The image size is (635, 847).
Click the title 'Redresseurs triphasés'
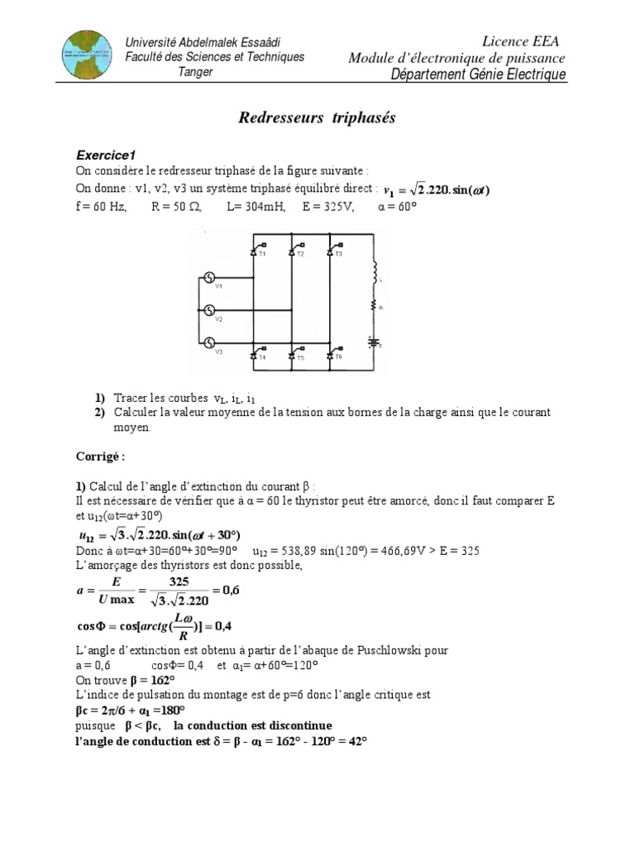tap(317, 118)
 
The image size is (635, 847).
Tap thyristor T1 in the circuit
tap(256, 249)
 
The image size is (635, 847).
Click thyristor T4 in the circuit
tap(256, 354)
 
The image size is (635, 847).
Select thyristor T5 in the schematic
tap(295, 354)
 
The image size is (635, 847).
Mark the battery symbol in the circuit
tap(373, 342)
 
